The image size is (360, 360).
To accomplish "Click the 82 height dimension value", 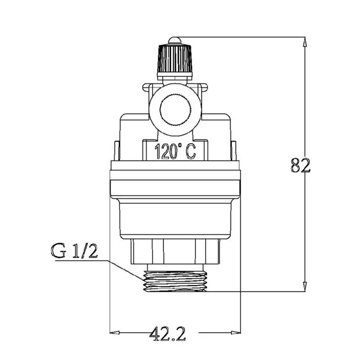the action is click(300, 165).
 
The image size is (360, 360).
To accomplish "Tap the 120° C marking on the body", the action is click(175, 152).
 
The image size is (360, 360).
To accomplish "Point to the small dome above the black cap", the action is click(175, 41).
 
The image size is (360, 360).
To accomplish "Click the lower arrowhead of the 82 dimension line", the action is click(305, 286).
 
